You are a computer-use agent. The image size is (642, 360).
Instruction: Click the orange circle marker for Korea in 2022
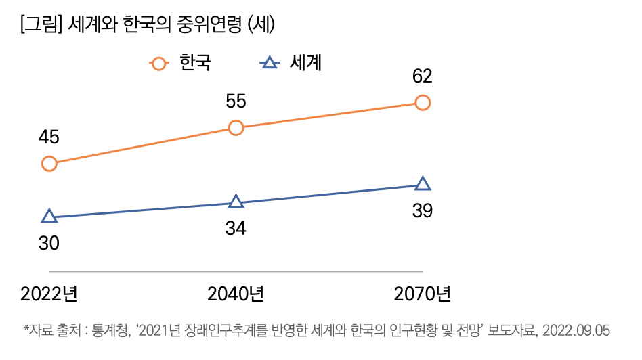[49, 164]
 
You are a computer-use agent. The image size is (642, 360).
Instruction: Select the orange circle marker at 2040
[236, 127]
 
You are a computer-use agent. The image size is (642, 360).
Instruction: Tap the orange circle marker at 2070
[423, 103]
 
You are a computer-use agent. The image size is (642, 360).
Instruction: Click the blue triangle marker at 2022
[49, 217]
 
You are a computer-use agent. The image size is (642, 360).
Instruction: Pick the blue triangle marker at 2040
[236, 202]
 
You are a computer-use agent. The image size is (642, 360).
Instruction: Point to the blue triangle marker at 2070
[423, 184]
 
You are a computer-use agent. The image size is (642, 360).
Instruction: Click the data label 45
[49, 137]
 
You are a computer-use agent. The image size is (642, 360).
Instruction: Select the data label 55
[236, 101]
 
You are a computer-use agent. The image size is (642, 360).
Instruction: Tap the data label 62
[423, 76]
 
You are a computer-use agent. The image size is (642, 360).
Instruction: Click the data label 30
[49, 243]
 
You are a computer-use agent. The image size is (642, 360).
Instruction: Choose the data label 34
[236, 228]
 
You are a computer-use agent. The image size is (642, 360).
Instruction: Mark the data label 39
[423, 210]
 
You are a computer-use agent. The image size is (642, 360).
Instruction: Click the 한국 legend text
[195, 63]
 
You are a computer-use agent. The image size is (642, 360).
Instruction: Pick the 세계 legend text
[305, 63]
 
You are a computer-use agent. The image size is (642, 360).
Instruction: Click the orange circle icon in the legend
[158, 64]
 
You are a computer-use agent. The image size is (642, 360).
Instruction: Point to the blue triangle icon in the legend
[269, 64]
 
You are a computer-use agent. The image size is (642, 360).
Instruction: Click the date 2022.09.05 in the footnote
[577, 330]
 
